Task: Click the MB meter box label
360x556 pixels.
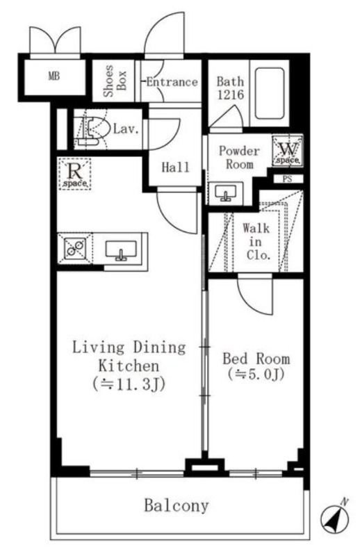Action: (54, 76)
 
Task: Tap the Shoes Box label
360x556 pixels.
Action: (115, 81)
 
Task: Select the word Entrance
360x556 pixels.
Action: (172, 82)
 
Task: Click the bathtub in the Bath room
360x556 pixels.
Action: (270, 93)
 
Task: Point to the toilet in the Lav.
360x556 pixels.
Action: (91, 130)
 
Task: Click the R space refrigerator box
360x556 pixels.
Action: (75, 174)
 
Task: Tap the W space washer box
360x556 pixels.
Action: (288, 150)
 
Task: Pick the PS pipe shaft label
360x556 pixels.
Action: (287, 179)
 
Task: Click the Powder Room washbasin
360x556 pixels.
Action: (225, 193)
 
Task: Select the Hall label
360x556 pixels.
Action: (175, 167)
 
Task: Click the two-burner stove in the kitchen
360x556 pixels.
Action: (75, 248)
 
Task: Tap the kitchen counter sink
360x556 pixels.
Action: (121, 250)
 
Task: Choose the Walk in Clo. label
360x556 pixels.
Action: (256, 242)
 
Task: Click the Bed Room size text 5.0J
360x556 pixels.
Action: (256, 374)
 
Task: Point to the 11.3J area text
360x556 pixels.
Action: (129, 384)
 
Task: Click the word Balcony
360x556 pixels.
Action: (177, 506)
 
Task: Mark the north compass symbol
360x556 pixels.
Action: (336, 518)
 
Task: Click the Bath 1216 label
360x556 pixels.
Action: (231, 88)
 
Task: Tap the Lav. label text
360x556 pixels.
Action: (125, 129)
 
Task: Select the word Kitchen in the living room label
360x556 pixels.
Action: (129, 366)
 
